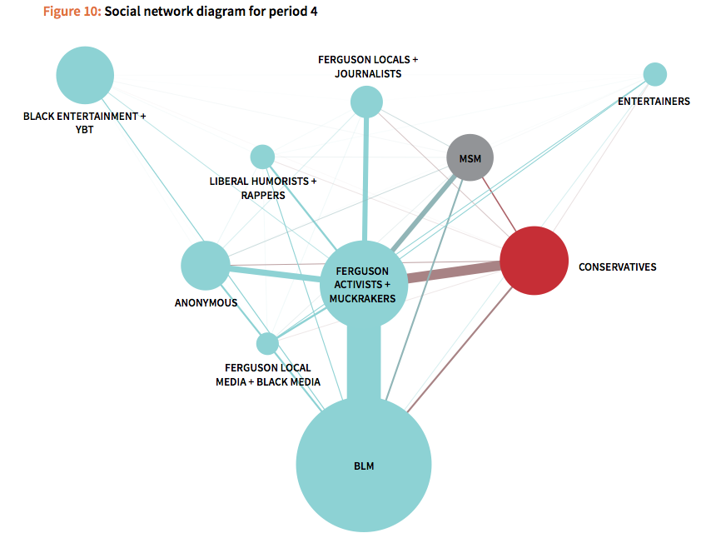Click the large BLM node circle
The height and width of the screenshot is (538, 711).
tap(364, 466)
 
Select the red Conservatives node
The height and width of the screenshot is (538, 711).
tap(534, 261)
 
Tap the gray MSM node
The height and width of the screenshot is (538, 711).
tap(470, 157)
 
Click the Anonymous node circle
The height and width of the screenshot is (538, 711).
tap(205, 266)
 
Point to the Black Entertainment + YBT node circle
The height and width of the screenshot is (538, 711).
tap(85, 75)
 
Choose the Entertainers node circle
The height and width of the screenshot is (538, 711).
tap(655, 74)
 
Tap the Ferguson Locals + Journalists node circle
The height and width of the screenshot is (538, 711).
tap(366, 102)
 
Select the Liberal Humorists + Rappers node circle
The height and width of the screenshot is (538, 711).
tap(262, 156)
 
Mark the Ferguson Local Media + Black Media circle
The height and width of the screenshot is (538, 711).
tap(267, 343)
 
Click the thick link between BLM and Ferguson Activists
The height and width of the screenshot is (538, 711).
tap(364, 362)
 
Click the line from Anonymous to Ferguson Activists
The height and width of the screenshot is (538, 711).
tap(275, 273)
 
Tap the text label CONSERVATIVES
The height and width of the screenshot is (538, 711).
tap(617, 267)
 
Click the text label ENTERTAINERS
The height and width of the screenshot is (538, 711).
tap(654, 102)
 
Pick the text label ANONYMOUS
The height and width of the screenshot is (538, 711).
tap(206, 303)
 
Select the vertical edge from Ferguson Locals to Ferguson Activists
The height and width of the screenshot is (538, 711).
tap(365, 179)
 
